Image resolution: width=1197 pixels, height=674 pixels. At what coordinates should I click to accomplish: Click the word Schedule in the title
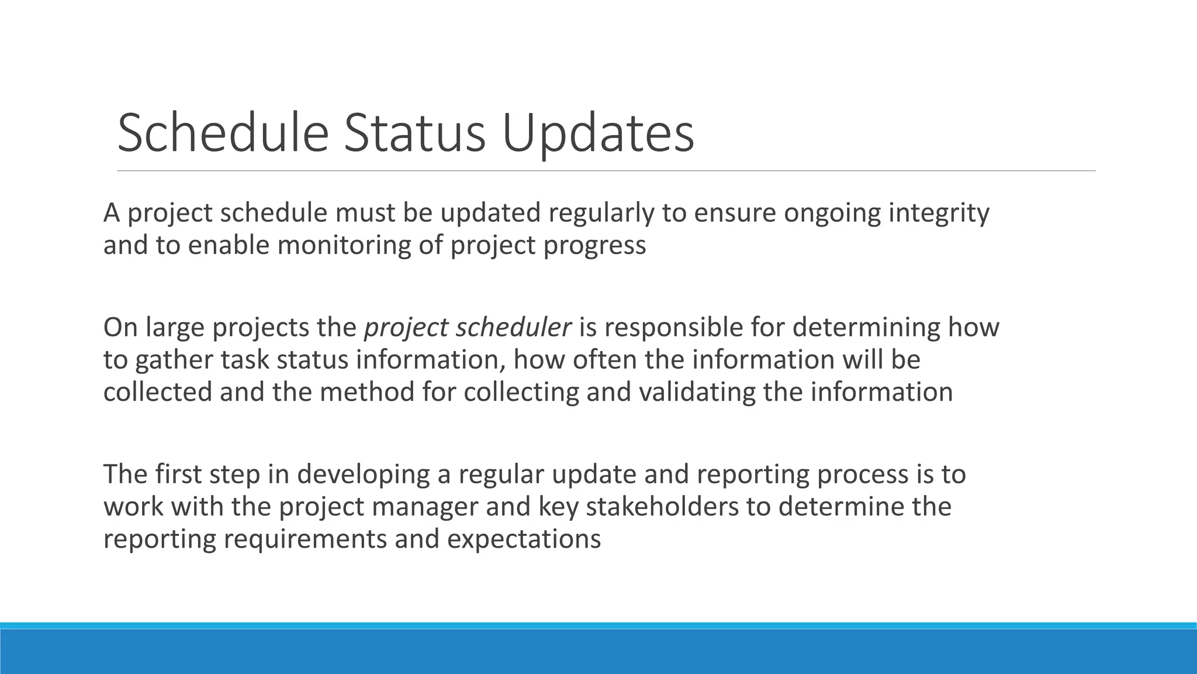coord(223,133)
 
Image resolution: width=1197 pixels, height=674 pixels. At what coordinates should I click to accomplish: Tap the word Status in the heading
coord(414,133)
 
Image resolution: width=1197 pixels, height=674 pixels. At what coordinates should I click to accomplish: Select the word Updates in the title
coord(597,133)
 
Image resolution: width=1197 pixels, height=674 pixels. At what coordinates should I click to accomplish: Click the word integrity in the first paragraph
coord(939,213)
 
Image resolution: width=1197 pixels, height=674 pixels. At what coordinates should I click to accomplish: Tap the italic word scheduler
coord(513,327)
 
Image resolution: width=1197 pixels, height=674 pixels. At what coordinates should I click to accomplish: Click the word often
coord(604,360)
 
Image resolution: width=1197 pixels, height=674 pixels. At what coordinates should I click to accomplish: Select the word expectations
coord(524,539)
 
